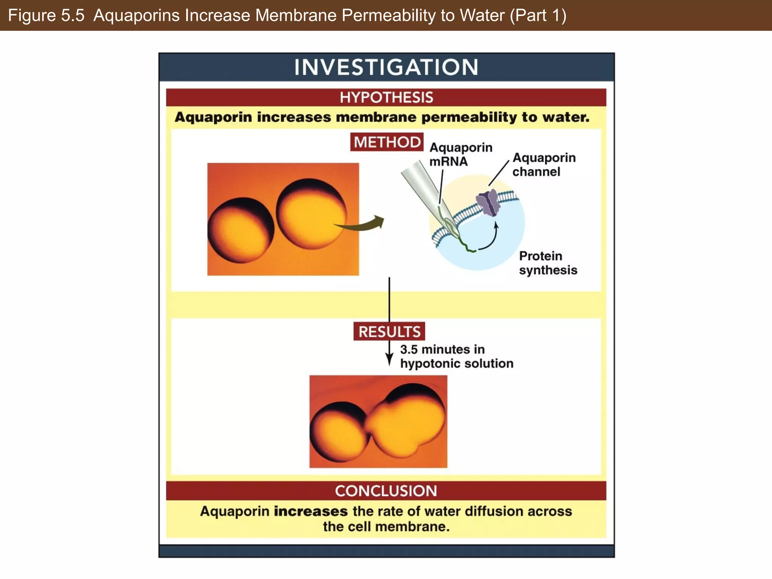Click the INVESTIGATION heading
click(x=386, y=67)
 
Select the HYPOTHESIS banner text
click(x=386, y=98)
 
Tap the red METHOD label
click(x=387, y=142)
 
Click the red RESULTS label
click(x=389, y=332)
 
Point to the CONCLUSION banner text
click(x=386, y=491)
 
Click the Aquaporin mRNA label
click(x=460, y=154)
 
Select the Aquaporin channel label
click(x=544, y=164)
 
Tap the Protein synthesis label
click(x=548, y=263)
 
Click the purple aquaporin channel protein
click(x=489, y=203)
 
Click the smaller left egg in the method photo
click(x=240, y=230)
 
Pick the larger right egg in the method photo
click(x=311, y=214)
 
